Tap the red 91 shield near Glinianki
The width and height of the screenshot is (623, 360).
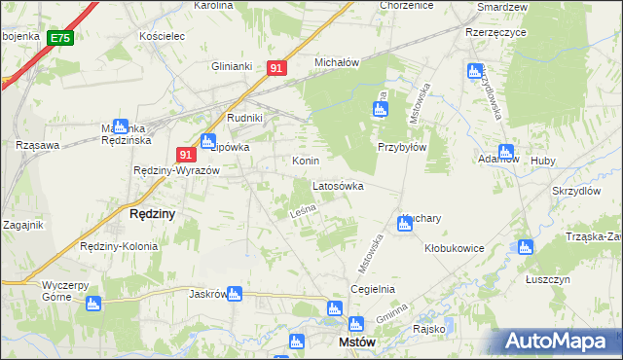(276, 68)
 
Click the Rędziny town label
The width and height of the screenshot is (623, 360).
(152, 214)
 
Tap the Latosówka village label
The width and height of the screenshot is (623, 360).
(338, 185)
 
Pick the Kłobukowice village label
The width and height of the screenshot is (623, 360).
(455, 248)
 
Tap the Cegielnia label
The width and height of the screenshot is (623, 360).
(373, 289)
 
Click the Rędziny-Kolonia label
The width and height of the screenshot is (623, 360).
(119, 246)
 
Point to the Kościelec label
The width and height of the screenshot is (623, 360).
(162, 35)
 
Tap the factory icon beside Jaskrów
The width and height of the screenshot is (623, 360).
(235, 293)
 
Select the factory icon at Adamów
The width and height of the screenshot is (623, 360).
(505, 152)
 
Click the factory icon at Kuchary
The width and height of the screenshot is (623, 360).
(404, 225)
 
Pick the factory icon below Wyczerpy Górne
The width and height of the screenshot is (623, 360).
(93, 304)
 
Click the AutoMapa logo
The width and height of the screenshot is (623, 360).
(559, 342)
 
